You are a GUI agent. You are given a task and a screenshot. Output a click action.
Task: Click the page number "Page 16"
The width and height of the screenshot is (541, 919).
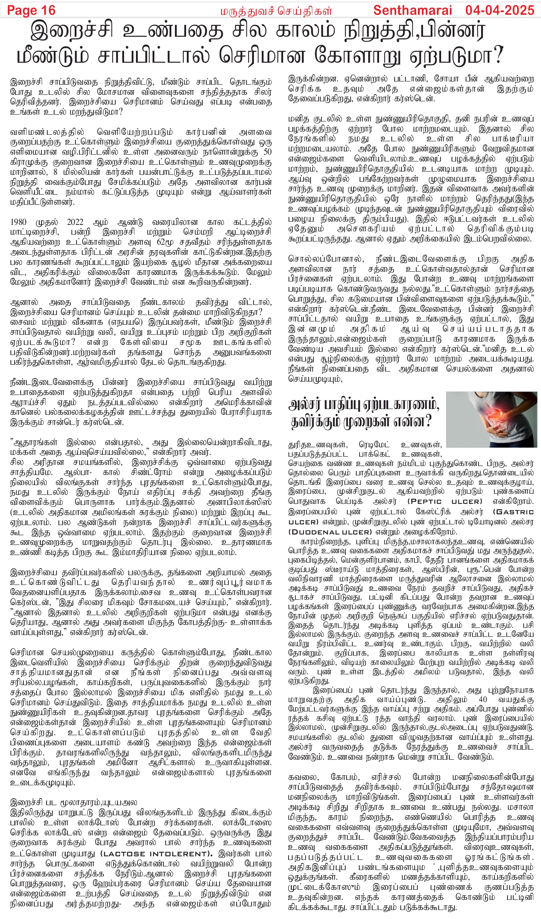31,10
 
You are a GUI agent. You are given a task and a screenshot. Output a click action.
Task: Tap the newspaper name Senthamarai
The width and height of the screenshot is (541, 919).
412,10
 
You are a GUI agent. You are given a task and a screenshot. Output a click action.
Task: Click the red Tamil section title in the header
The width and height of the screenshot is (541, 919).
276,11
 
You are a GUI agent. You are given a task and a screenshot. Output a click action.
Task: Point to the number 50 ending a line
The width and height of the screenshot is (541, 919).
267,152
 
